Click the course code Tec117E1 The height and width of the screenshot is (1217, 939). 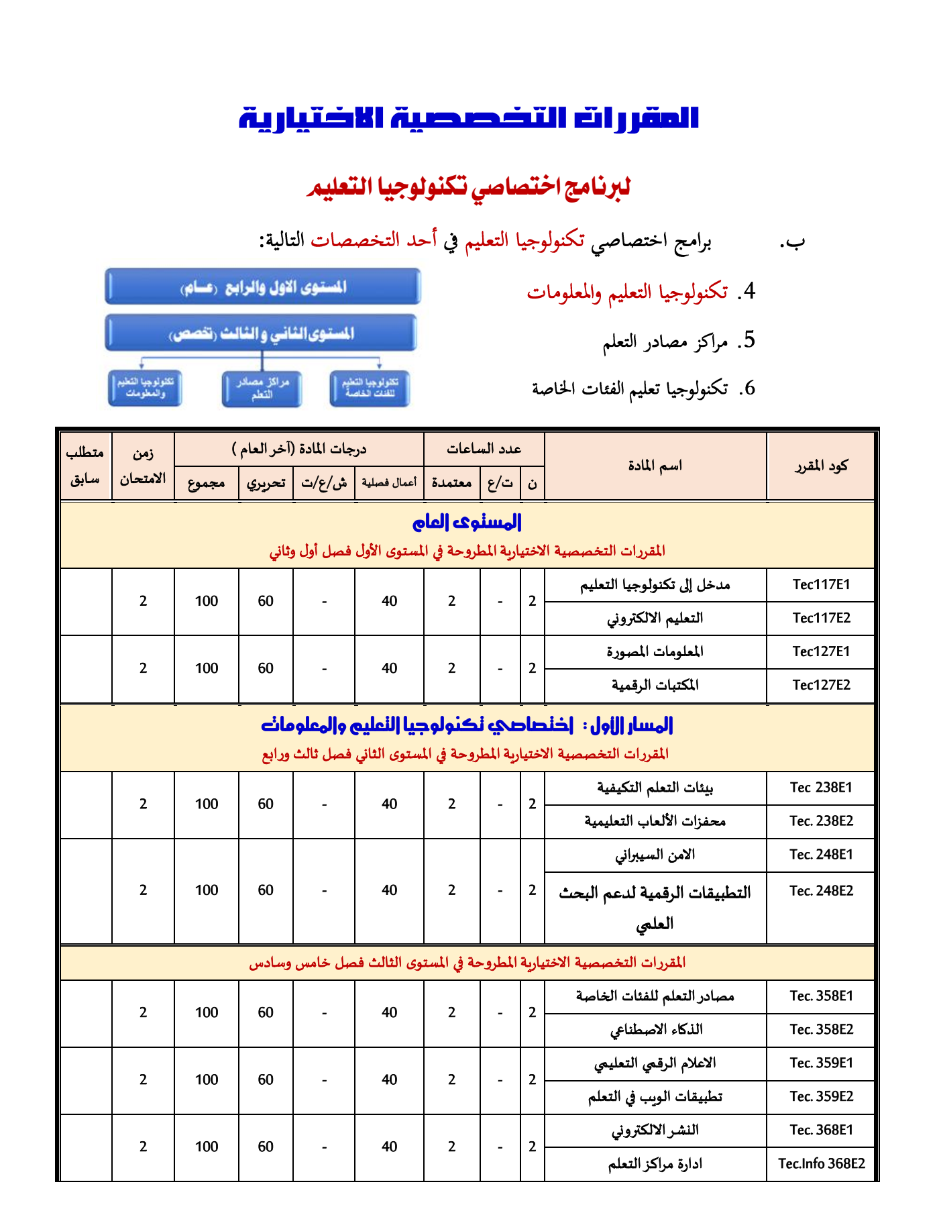pos(821,584)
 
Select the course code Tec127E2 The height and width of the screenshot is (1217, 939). pos(821,685)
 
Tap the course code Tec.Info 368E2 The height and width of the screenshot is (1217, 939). pos(821,1164)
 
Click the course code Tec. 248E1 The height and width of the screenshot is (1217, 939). pos(821,855)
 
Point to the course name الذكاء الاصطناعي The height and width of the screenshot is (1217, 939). pos(656,1030)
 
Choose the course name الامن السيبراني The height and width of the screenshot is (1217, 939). pos(655,855)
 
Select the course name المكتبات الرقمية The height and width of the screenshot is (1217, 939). pos(655,685)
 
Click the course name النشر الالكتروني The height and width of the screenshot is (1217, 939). pos(655,1130)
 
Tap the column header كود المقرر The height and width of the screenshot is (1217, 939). pos(821,466)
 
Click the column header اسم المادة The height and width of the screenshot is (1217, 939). pos(655,466)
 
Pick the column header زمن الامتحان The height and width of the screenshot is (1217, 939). pos(143,466)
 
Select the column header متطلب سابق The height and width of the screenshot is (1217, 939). pos(85,466)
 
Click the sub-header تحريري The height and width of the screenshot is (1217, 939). pos(266,483)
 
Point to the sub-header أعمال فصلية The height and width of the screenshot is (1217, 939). pos(389,483)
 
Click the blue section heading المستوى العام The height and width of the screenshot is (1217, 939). pos(467,522)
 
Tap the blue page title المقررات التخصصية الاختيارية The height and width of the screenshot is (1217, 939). pos(469,118)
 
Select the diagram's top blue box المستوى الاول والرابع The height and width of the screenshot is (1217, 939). pos(263,287)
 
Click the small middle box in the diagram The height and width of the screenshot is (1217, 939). pos(262,388)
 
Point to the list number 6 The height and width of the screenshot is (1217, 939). pos(748,388)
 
